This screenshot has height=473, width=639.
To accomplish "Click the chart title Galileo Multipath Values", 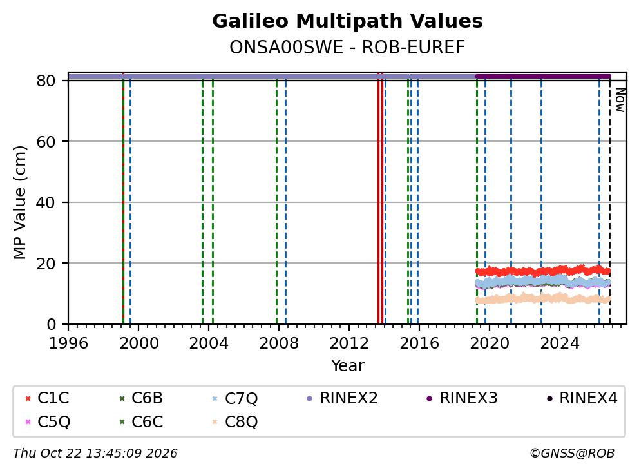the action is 347,21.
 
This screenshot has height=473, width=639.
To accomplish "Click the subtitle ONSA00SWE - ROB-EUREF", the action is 347,47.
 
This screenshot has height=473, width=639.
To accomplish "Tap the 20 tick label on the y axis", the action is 46,264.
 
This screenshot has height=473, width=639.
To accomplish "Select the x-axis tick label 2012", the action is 349,343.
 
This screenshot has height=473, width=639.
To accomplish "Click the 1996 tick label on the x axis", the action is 68,343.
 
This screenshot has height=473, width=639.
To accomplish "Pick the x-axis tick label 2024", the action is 560,343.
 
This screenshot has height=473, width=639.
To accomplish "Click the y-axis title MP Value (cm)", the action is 19,202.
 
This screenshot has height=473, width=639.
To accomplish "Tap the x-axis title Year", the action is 347,366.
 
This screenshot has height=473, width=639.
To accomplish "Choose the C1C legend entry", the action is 47,398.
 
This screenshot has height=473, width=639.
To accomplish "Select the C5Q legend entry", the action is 47,421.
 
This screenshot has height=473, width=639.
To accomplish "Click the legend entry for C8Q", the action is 235,421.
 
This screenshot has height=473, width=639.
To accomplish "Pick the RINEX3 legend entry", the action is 462,398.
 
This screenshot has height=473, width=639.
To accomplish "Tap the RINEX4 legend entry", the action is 582,398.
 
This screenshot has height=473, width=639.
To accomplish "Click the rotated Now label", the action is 620,101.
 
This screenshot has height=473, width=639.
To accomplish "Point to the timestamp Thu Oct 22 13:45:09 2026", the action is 95,454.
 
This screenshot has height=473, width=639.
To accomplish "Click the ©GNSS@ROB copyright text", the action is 572,454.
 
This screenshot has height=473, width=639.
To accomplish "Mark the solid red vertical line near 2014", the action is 380,198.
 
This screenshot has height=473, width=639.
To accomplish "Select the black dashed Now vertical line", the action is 609,200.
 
